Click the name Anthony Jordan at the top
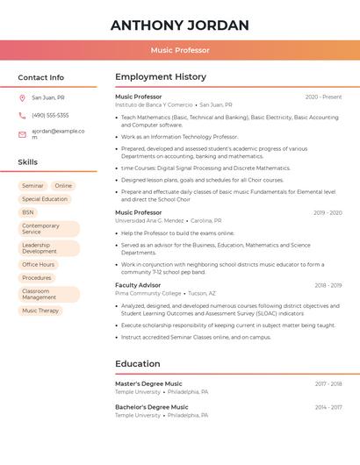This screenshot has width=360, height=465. [x=180, y=25]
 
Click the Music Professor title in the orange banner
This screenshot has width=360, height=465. [x=180, y=50]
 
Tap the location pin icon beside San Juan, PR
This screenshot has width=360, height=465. [x=22, y=97]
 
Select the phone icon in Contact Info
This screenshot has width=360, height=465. [x=22, y=115]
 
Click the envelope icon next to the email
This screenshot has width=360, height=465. [x=22, y=134]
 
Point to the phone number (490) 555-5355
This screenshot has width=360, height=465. [x=50, y=115]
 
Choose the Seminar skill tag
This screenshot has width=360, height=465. [x=32, y=186]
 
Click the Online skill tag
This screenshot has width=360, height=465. [x=63, y=186]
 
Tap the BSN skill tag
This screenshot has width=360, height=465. [x=28, y=212]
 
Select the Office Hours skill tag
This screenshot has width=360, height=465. [x=38, y=264]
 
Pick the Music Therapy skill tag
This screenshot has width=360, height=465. [x=40, y=311]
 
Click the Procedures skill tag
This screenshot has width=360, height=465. [x=37, y=277]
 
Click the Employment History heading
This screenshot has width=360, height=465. [x=161, y=77]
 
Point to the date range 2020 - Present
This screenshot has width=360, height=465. [x=323, y=97]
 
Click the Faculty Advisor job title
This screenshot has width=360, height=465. [x=138, y=285]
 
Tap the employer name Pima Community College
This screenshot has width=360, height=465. [x=148, y=293]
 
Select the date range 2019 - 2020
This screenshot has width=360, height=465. [x=328, y=212]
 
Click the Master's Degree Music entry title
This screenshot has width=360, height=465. [x=148, y=383]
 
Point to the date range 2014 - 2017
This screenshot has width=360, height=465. [x=328, y=407]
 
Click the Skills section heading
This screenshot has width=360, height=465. [x=28, y=162]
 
